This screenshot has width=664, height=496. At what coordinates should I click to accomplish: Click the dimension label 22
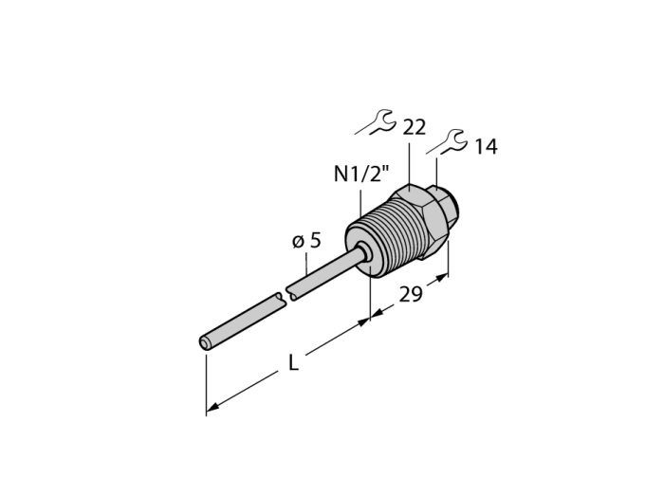(414, 127)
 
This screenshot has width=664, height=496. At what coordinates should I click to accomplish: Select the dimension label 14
(486, 146)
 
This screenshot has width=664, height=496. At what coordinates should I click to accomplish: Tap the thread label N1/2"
(360, 174)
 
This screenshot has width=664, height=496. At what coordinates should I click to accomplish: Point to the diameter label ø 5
(307, 240)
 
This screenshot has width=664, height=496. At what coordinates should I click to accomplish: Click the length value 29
(411, 294)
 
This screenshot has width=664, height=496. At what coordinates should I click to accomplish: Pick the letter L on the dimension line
(293, 362)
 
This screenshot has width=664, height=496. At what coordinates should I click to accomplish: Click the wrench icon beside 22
(376, 122)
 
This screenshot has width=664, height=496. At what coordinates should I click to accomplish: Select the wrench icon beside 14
(447, 142)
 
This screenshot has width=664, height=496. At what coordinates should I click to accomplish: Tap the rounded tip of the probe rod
(205, 343)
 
